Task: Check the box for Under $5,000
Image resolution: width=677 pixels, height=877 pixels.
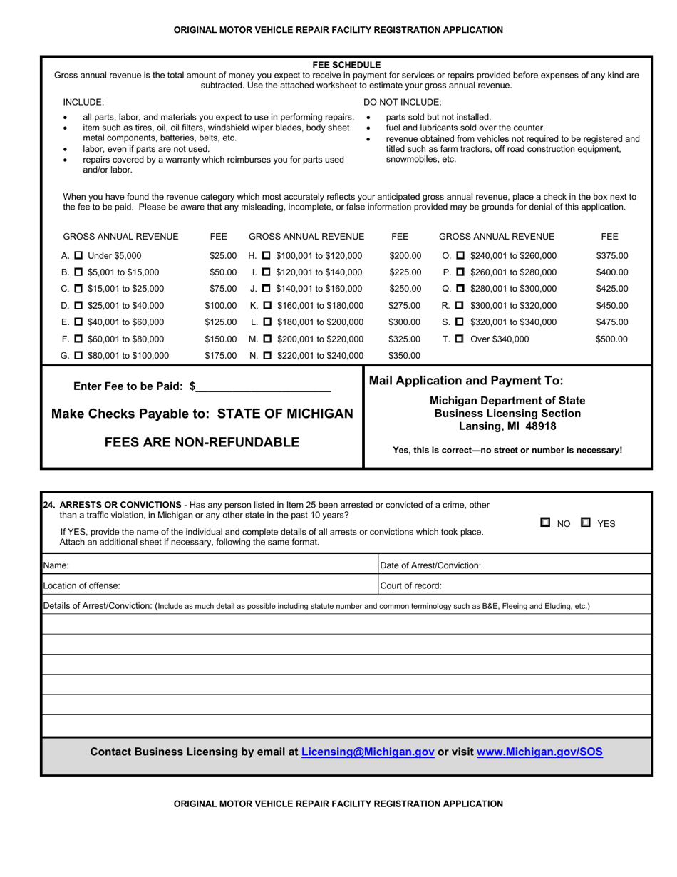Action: [78, 256]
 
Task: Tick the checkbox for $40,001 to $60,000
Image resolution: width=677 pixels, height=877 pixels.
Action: [78, 322]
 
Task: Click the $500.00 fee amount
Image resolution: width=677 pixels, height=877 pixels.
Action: [611, 339]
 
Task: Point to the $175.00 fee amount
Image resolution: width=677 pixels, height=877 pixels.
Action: [220, 355]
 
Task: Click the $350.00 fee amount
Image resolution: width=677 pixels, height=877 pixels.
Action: [405, 355]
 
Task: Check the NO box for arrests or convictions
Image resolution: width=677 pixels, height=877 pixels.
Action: [545, 523]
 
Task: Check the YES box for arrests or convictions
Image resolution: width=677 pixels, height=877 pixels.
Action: [586, 523]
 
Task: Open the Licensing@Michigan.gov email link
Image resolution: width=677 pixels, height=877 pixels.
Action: [368, 752]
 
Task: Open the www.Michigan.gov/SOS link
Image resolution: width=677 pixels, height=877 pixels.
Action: [539, 752]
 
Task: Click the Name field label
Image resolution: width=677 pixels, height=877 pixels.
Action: [56, 565]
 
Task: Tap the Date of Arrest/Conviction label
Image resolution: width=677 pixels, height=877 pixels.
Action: [430, 565]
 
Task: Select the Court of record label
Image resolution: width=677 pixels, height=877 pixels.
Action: [411, 585]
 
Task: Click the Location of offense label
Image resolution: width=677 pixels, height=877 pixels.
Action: [81, 585]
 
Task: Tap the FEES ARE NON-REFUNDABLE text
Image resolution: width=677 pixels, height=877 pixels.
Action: [202, 442]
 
